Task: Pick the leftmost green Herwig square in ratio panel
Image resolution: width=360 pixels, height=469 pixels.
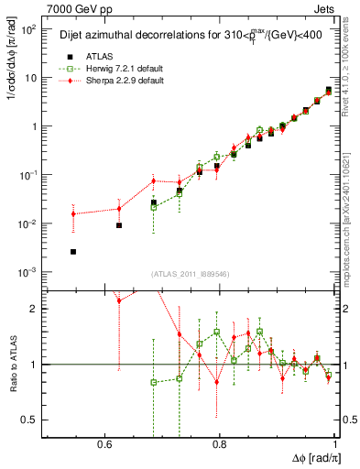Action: [x=154, y=382]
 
